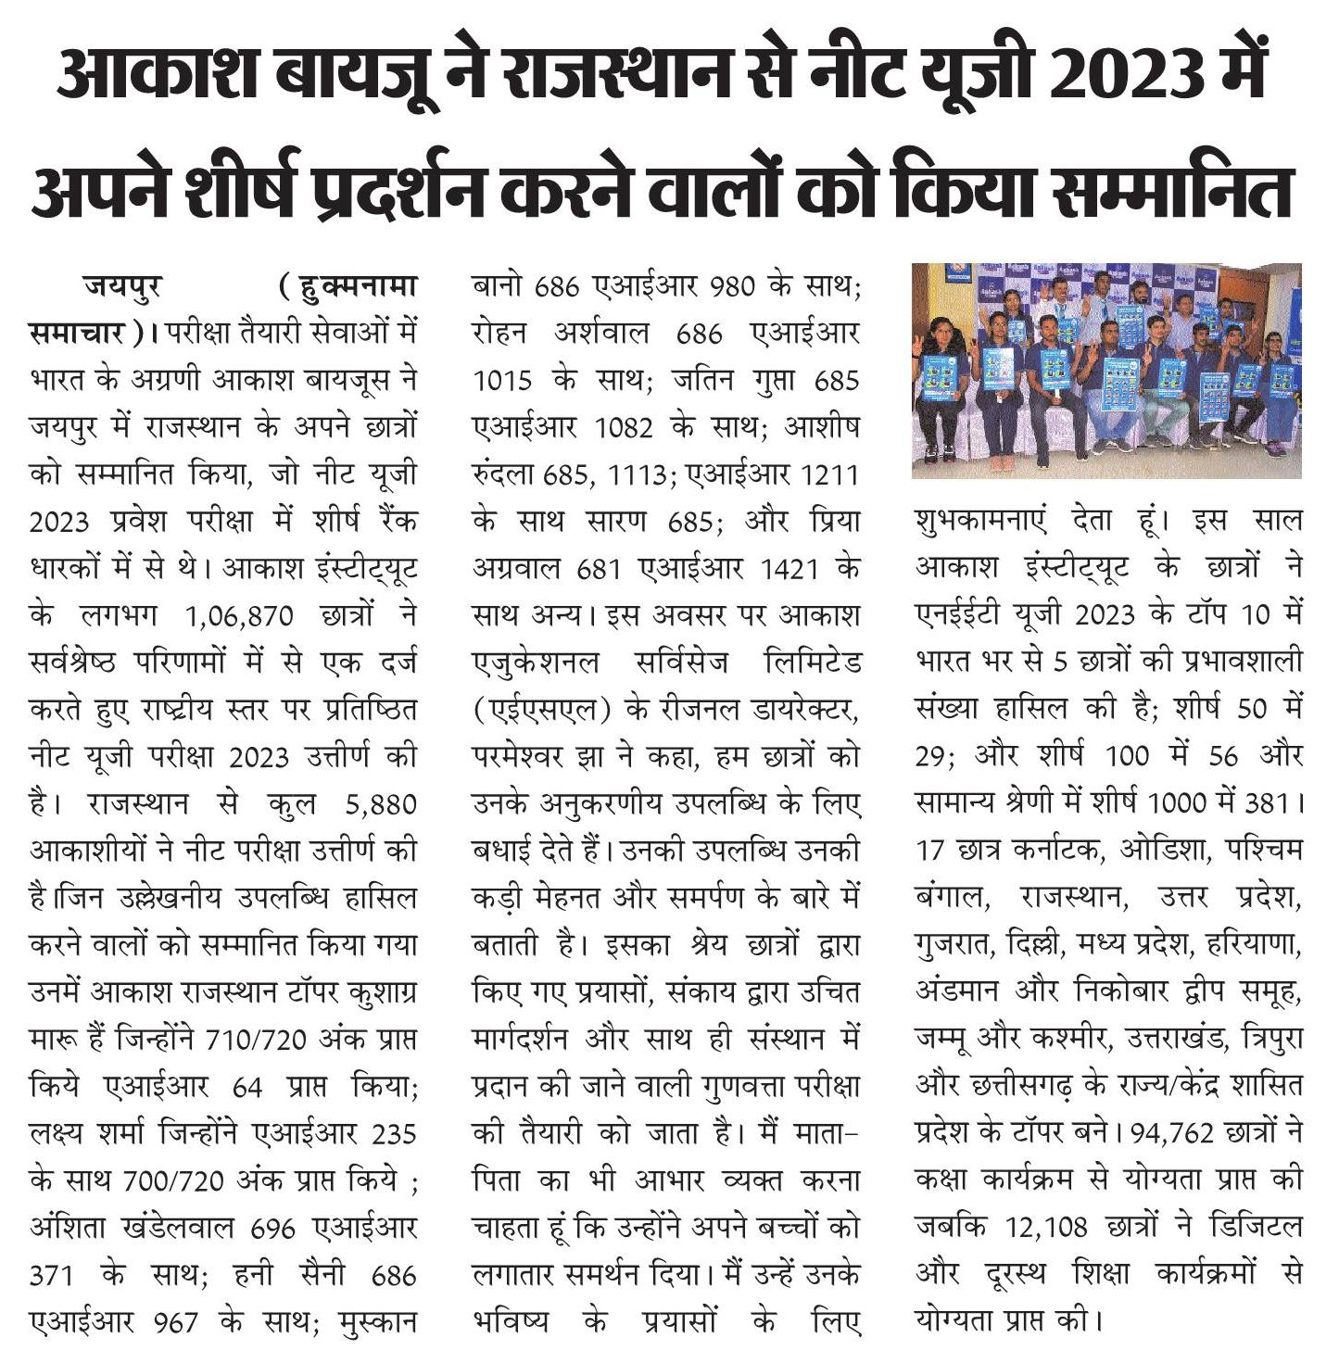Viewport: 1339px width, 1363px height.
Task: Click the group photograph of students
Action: coord(1106,371)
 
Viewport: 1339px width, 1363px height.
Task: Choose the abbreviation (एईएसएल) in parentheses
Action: coord(540,710)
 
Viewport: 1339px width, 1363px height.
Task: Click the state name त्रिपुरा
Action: coord(1267,1039)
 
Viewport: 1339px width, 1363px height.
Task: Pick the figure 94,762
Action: coord(1170,1133)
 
